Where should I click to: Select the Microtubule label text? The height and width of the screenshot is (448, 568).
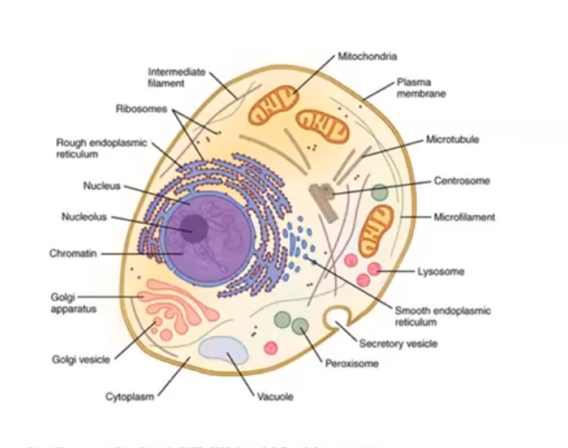point(452,140)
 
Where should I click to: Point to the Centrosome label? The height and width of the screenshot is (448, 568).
point(461,181)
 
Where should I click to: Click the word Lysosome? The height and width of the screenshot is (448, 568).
point(441,271)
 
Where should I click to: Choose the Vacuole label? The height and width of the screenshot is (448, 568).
point(275,397)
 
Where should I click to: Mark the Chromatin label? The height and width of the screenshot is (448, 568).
point(73,253)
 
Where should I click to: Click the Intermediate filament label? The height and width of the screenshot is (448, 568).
point(177,77)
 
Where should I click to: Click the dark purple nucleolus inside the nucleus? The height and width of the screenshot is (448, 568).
point(194,228)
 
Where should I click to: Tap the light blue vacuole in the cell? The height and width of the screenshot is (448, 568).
point(224,348)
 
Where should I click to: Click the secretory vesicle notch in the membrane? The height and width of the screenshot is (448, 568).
point(336,318)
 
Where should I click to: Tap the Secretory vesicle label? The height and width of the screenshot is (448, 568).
point(398,343)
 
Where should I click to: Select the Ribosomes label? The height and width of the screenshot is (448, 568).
point(141,108)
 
